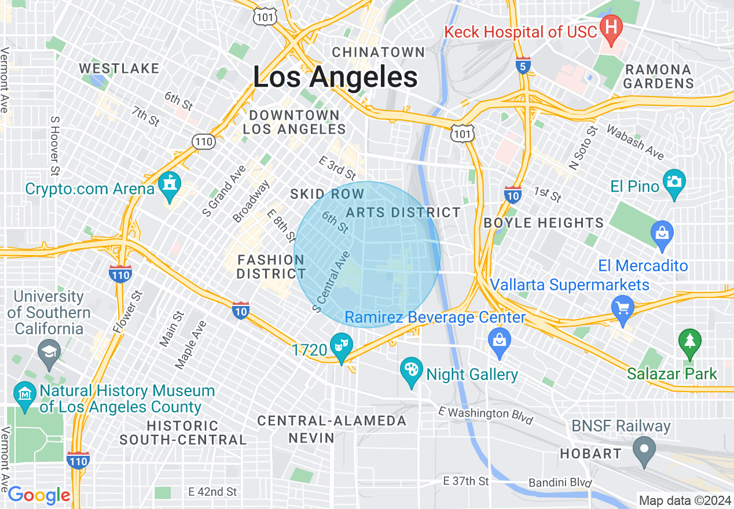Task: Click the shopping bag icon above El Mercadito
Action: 662,234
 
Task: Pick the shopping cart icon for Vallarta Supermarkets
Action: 623,307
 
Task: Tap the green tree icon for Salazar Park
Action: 689,341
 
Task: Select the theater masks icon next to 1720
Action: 341,346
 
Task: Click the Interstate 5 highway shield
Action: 523,66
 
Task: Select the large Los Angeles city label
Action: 335,77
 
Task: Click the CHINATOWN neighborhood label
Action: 379,52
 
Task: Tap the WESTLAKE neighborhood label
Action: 119,68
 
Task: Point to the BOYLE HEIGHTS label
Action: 544,223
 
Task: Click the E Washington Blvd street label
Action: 485,415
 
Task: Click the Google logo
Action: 39,496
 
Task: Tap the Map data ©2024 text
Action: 684,500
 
